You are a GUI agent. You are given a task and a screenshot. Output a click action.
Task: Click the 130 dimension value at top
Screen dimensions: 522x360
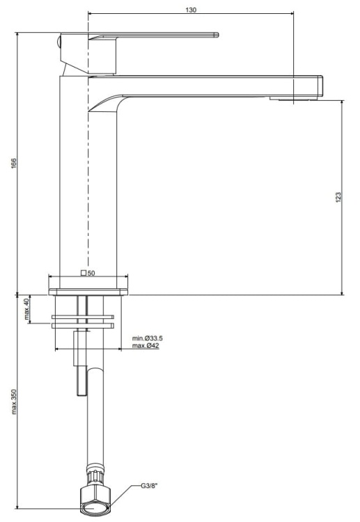coord(191,10)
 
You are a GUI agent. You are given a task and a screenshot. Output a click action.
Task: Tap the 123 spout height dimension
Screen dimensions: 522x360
coord(336,197)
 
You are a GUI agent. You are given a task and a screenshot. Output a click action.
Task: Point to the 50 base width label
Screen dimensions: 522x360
coord(91,274)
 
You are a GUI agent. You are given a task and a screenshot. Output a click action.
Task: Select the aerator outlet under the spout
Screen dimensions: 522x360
coord(292,100)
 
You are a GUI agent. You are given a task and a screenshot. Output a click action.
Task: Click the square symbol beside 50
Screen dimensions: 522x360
coord(84,274)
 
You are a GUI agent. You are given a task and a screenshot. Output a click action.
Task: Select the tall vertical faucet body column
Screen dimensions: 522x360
coord(73,188)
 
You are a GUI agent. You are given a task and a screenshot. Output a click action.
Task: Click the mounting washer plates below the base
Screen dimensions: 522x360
coord(81,321)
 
